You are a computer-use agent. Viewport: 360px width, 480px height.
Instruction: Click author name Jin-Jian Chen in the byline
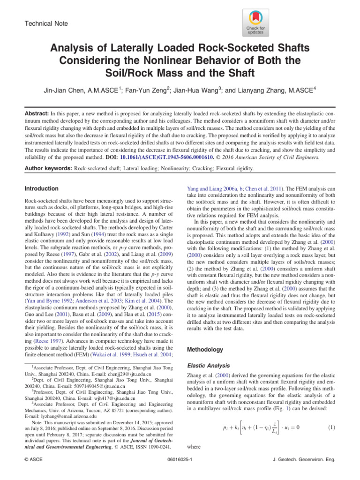[76, 90]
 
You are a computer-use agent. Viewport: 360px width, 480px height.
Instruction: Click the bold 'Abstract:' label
[37, 114]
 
